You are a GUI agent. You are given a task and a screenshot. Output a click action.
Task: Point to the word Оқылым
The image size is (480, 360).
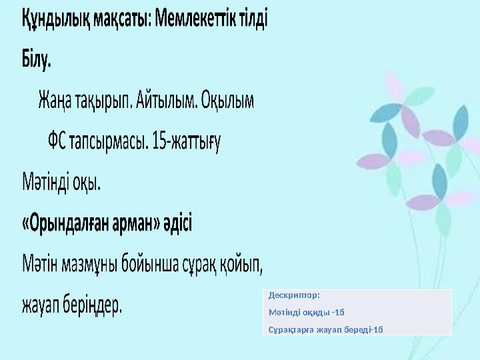click(228, 101)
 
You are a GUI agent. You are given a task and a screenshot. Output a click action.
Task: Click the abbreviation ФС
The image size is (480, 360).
click(57, 142)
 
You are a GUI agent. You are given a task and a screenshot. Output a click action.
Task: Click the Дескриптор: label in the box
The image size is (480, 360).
click(294, 294)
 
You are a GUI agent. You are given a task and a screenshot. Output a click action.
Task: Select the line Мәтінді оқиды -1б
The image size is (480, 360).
click(306, 311)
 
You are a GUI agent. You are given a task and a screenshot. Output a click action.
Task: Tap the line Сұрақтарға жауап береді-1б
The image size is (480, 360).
click(325, 329)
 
